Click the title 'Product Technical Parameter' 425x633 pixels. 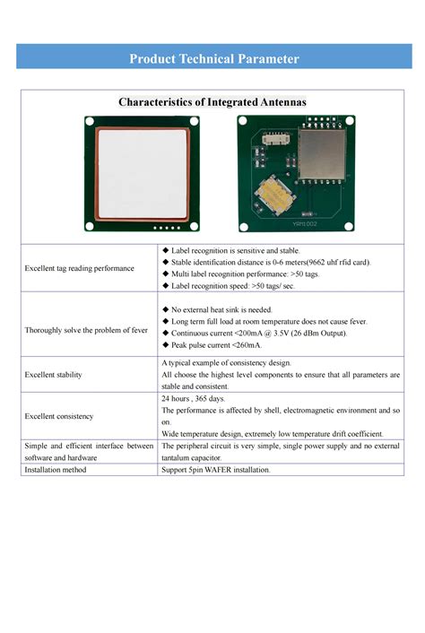coord(213,59)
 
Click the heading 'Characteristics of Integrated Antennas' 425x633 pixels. coord(212,102)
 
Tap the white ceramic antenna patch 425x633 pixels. coord(143,173)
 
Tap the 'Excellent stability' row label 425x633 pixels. coord(55,374)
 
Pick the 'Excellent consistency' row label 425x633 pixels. coord(59,416)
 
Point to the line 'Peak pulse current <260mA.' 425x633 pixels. coord(216,344)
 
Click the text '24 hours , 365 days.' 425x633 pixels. coord(194,397)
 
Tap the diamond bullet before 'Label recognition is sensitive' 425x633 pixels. coord(165,250)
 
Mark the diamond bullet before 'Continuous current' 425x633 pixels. coord(165,333)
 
